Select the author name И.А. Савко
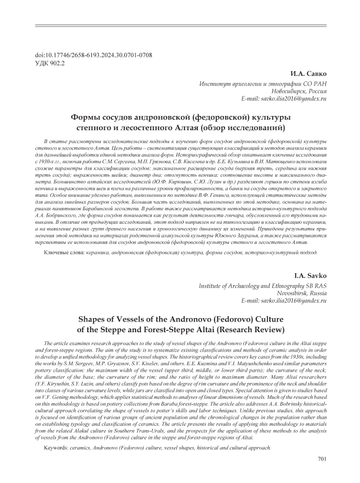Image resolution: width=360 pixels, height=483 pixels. click(309, 75)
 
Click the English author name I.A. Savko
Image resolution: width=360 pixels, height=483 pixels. click(310, 277)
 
